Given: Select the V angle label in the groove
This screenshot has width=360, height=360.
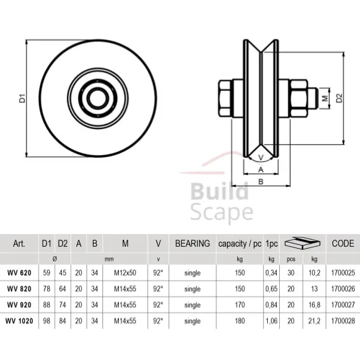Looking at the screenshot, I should [x=261, y=155].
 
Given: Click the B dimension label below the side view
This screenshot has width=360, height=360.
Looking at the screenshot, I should [x=261, y=181].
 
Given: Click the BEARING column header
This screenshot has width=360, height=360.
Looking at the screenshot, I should [x=193, y=244].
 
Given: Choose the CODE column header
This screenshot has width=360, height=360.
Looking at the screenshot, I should [x=343, y=244].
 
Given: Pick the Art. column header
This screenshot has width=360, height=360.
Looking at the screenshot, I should [x=18, y=244].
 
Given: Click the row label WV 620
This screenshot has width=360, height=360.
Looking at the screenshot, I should [x=19, y=273].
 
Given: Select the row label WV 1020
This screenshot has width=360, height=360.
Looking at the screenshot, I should [x=19, y=321].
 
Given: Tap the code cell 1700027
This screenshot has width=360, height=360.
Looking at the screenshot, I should [x=343, y=305].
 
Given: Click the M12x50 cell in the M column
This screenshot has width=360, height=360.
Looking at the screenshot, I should [x=126, y=273].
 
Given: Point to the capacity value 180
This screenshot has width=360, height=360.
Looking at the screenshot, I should [x=239, y=321].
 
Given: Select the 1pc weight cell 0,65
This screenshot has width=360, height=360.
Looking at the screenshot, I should [x=272, y=289].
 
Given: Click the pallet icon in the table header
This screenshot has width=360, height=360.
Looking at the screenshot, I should [x=301, y=243].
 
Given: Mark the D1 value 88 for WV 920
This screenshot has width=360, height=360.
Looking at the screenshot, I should [x=46, y=305].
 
